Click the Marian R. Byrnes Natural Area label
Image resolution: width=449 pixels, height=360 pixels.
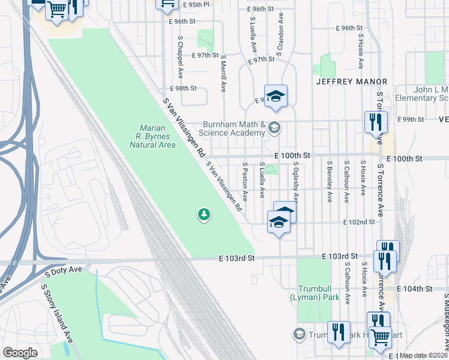157,136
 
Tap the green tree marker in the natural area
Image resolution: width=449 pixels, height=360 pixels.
204,214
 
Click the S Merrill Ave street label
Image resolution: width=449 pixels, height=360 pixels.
223,73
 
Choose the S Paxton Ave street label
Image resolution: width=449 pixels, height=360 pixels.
245,181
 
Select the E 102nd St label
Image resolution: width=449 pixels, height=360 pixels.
358,222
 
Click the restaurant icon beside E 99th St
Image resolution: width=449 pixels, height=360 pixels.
374,122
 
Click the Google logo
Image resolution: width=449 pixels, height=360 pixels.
20,353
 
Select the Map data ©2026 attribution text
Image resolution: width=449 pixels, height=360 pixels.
423,355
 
